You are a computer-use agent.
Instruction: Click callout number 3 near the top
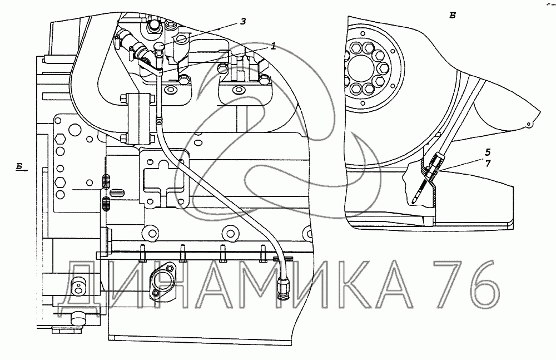pyautogui.click(x=244, y=22)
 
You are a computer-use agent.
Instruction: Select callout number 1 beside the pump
pyautogui.click(x=274, y=47)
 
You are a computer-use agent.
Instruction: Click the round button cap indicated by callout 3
pyautogui.click(x=160, y=46)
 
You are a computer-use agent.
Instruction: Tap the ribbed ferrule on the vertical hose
pyautogui.click(x=159, y=119)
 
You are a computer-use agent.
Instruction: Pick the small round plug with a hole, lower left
pyautogui.click(x=78, y=287)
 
